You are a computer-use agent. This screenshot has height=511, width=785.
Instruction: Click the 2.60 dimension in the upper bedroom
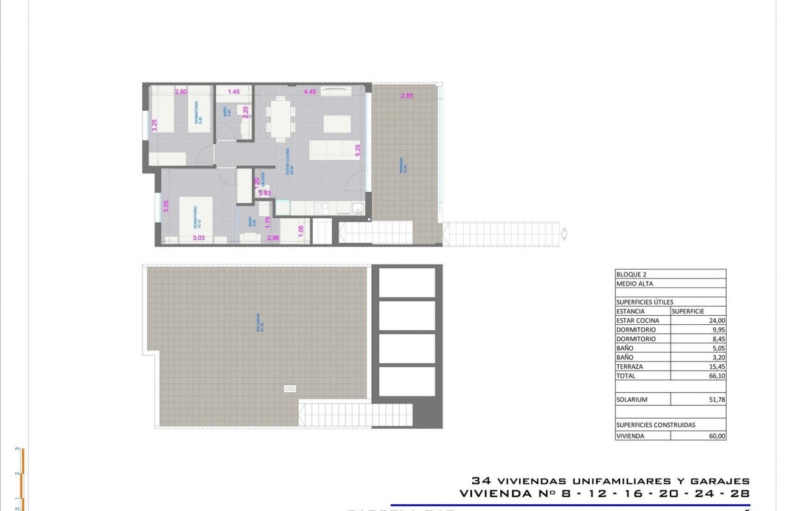pos(181,92)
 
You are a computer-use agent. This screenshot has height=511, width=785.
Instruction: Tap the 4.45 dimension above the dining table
pos(309,92)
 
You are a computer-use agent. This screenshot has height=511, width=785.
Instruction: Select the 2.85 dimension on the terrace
pos(407,96)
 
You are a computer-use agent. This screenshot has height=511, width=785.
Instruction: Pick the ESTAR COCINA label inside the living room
pos(291,161)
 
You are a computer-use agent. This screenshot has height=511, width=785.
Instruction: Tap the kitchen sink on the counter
pos(357,208)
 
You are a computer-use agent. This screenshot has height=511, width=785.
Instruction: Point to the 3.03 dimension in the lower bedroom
pos(198,238)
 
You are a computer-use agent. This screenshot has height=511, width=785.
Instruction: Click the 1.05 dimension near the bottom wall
pos(301,231)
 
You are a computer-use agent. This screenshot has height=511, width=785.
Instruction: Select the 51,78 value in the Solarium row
pos(717,400)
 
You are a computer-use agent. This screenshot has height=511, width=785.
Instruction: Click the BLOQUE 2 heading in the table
pos(630,274)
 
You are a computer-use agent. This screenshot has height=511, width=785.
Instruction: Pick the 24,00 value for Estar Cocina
pos(717,321)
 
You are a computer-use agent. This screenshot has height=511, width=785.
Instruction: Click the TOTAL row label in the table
pos(626,376)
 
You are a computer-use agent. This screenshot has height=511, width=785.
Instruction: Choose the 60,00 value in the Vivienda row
pos(717,436)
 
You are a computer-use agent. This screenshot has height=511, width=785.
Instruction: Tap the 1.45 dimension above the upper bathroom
pos(234,92)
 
